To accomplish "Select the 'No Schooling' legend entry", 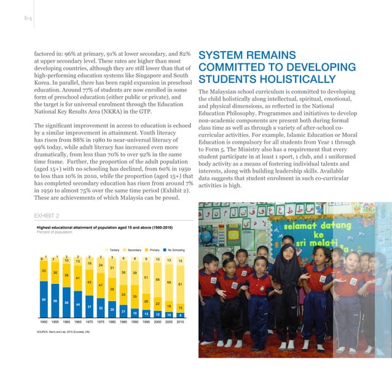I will click(173, 250).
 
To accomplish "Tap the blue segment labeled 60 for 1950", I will click(44, 299).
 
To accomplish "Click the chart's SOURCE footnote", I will click(63, 331).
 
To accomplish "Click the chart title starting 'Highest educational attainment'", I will click(104, 228).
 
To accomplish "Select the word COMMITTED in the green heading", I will click(237, 67).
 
